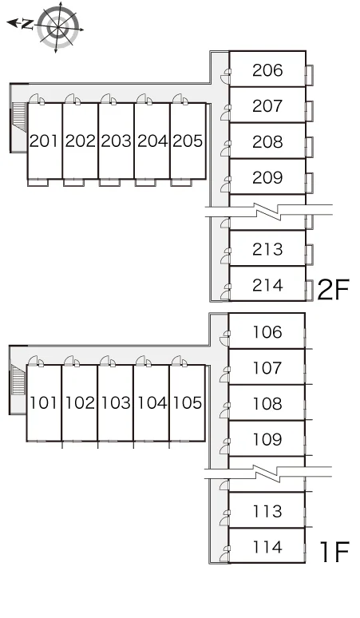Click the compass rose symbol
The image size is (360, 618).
[58, 27]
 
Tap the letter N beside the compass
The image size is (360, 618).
[27, 25]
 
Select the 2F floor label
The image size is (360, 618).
[333, 290]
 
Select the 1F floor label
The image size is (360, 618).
[334, 552]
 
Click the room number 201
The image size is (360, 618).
[44, 141]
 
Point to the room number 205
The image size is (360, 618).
[188, 141]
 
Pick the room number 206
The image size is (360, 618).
[267, 70]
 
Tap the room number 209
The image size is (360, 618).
[267, 178]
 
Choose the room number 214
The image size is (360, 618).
[267, 285]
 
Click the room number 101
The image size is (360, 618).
[43, 402]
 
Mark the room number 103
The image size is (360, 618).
[116, 402]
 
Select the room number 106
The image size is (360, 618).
[267, 332]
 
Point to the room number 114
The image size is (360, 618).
[267, 547]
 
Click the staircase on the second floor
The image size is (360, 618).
[20, 117]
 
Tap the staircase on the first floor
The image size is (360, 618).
[18, 379]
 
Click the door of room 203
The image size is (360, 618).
[108, 99]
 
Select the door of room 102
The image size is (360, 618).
[71, 361]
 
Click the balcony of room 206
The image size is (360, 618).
[310, 75]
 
